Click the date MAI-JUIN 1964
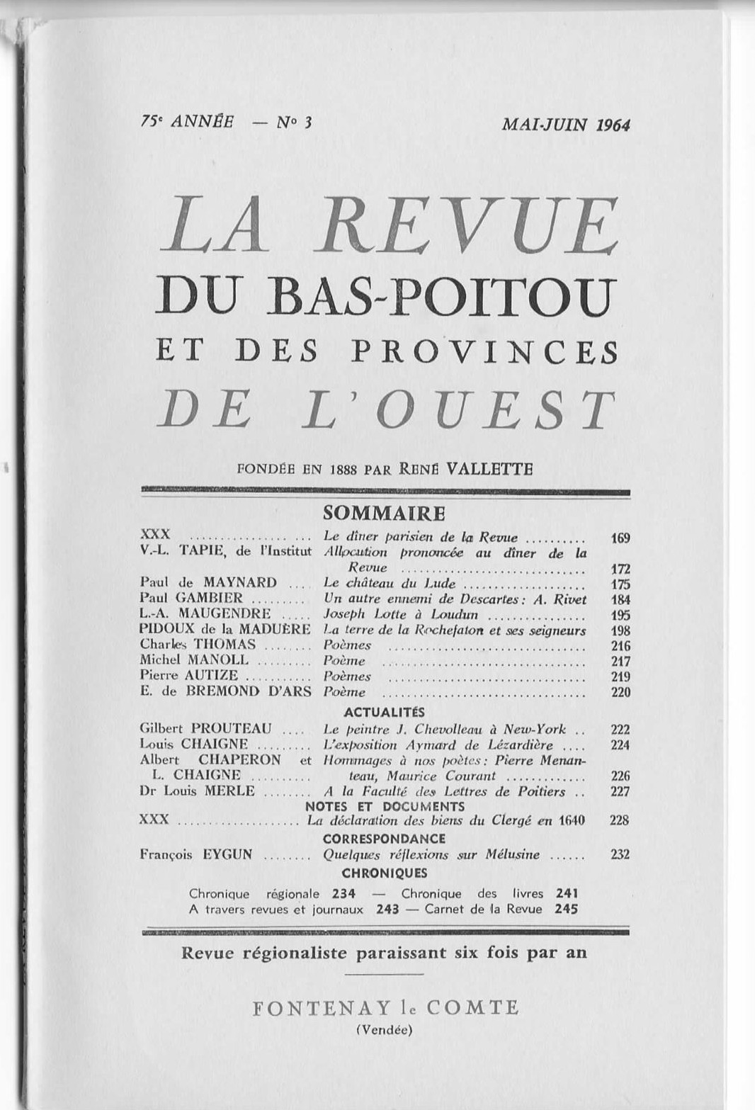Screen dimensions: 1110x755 [x=565, y=125]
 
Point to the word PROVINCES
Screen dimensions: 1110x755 [x=484, y=352]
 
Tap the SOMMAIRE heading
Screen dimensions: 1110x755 [x=384, y=513]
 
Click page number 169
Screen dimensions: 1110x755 [x=620, y=538]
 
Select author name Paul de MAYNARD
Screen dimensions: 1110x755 [x=208, y=583]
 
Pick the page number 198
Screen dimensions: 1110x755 [x=620, y=630]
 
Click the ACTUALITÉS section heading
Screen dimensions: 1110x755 [x=384, y=712]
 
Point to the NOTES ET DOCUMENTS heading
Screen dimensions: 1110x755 [x=385, y=806]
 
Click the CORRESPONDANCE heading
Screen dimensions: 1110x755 [x=384, y=839]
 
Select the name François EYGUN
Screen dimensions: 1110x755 [x=196, y=855]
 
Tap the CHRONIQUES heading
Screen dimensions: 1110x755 [x=384, y=873]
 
